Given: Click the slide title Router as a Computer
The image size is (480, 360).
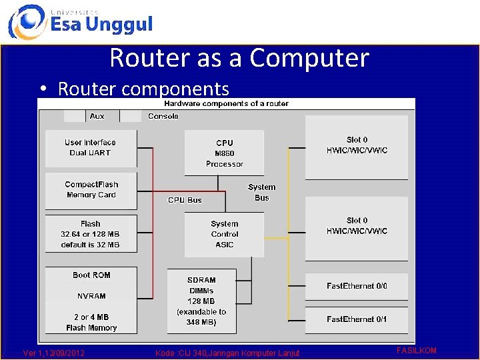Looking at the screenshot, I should pyautogui.click(x=239, y=58).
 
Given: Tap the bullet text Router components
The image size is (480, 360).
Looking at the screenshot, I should pyautogui.click(x=143, y=89).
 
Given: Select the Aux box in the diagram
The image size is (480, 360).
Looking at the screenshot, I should pyautogui.click(x=97, y=116).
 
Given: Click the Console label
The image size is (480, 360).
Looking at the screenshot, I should pyautogui.click(x=163, y=116).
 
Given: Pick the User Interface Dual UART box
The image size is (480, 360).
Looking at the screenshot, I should pyautogui.click(x=91, y=148).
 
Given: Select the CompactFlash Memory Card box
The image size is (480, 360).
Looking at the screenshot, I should pyautogui.click(x=91, y=190).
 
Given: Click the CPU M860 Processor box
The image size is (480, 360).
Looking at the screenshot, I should pyautogui.click(x=225, y=153).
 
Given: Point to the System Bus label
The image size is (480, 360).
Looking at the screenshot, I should pyautogui.click(x=261, y=192).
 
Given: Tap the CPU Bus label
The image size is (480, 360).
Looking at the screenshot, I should pyautogui.click(x=185, y=200).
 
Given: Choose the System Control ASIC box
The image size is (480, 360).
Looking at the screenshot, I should pyautogui.click(x=225, y=234).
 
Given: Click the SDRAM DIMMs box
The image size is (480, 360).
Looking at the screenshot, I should pyautogui.click(x=201, y=301).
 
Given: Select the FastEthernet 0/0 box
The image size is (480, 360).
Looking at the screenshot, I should pyautogui.click(x=357, y=286).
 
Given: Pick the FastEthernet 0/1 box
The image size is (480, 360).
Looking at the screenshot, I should pyautogui.click(x=357, y=319).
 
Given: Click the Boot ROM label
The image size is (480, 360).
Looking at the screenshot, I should pyautogui.click(x=91, y=275).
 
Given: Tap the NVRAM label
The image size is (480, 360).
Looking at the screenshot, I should pyautogui.click(x=91, y=296).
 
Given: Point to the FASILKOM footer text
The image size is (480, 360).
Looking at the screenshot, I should pyautogui.click(x=416, y=350).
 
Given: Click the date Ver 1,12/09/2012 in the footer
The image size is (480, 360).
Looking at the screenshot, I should pyautogui.click(x=53, y=353).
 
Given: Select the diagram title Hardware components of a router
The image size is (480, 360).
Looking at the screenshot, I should pyautogui.click(x=226, y=103).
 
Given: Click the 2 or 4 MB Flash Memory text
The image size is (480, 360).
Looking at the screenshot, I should pyautogui.click(x=91, y=323).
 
